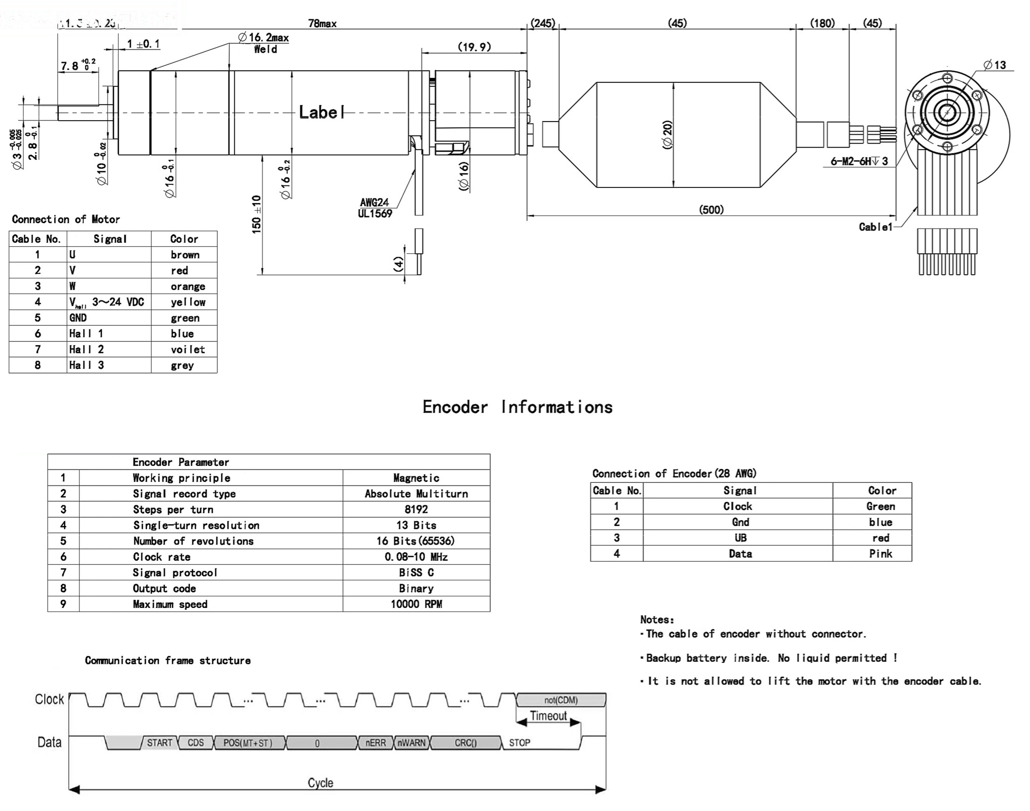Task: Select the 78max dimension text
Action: [322, 23]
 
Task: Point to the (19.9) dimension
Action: [474, 47]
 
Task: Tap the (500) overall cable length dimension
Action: [711, 210]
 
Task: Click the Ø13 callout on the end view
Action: [994, 65]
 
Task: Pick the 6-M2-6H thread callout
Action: [859, 161]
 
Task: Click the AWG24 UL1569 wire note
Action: [375, 208]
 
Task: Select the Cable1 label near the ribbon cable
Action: [875, 227]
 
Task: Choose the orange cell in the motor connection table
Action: [188, 286]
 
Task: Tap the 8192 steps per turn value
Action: [416, 509]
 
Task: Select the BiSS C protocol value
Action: [416, 572]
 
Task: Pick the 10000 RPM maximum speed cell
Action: [416, 604]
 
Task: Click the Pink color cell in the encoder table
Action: [880, 554]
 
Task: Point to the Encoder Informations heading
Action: [518, 407]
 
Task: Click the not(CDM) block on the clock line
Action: [561, 700]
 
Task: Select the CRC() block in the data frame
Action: [465, 743]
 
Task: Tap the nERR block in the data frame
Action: [375, 743]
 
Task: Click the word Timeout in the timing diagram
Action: [548, 716]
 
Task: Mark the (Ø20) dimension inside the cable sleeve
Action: [667, 135]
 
